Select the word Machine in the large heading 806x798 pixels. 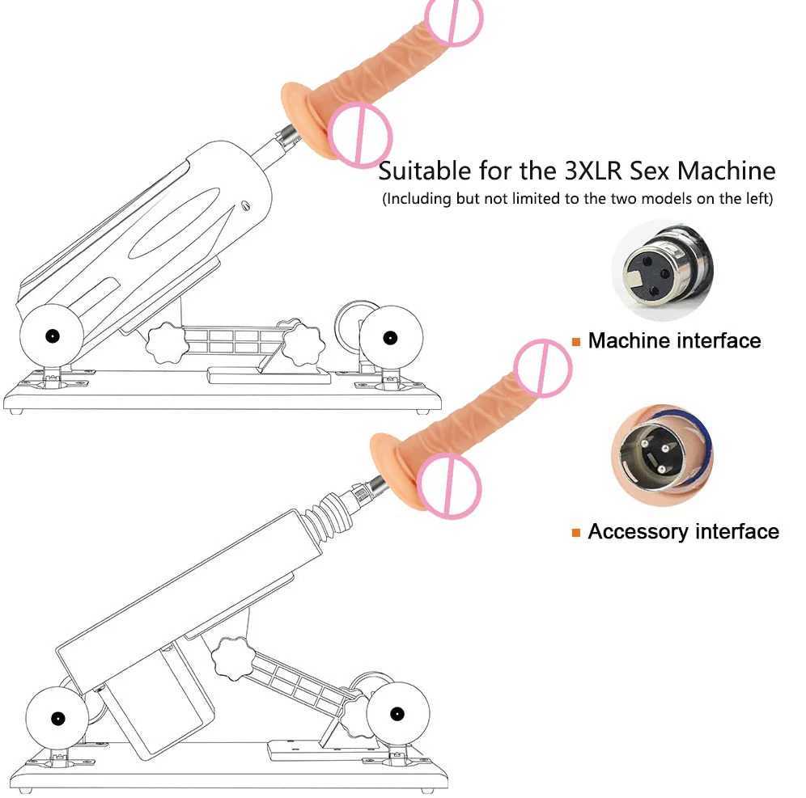[726, 171]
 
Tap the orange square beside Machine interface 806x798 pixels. [576, 342]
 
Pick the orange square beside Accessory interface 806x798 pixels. [576, 532]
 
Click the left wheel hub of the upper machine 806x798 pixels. [52, 336]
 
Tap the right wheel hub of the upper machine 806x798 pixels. [391, 336]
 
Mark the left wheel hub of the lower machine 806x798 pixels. [58, 716]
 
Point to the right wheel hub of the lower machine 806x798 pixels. [397, 712]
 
